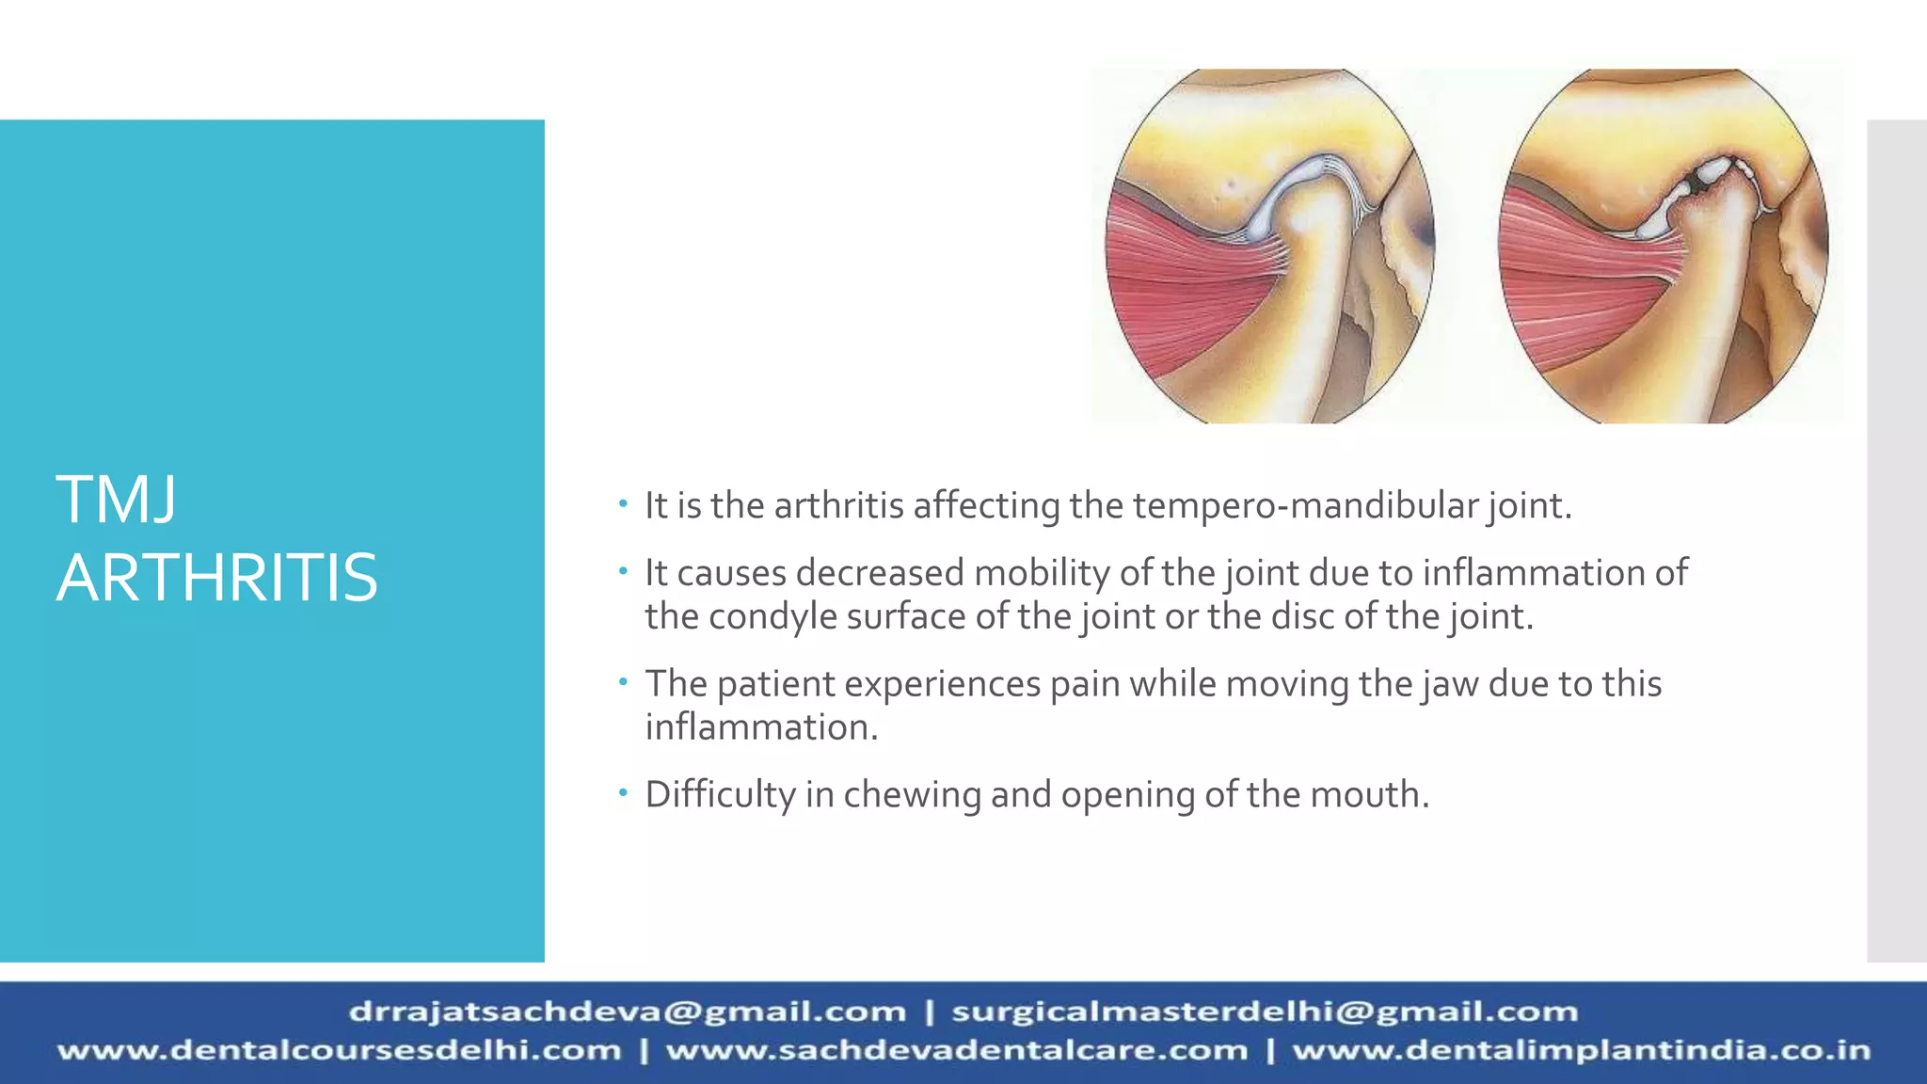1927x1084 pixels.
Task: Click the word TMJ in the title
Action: tap(116, 501)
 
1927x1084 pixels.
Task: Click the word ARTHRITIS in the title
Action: tap(216, 578)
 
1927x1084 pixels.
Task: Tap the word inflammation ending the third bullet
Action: tap(760, 727)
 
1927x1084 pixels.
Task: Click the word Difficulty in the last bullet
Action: tap(720, 795)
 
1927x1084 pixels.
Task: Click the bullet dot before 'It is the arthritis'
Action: tap(622, 504)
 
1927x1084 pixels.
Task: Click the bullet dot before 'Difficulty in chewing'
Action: tap(622, 793)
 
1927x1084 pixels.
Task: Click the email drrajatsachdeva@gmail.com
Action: tap(627, 1012)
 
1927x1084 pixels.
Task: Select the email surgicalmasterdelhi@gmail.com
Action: tap(1264, 1012)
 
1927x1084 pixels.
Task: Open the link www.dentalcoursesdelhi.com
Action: tap(339, 1051)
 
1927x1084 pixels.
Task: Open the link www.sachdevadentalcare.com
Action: tap(956, 1051)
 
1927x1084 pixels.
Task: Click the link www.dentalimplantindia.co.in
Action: tap(1581, 1051)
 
